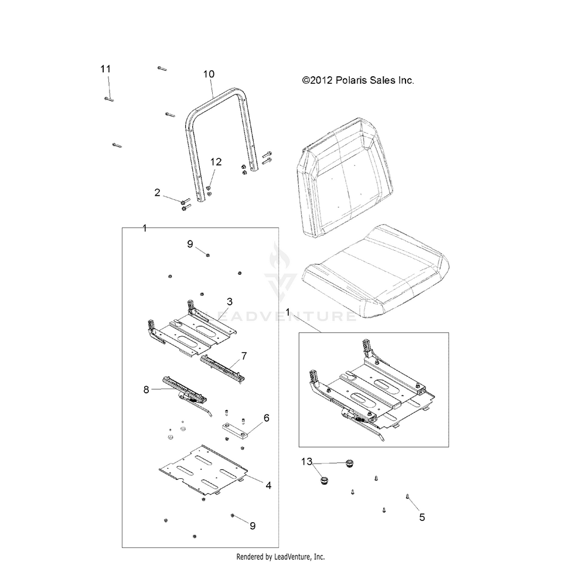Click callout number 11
[x=105, y=69]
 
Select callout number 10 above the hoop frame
[x=209, y=74]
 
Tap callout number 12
[x=216, y=162]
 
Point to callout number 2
[x=158, y=192]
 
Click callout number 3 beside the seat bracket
[x=230, y=301]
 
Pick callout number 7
[x=243, y=355]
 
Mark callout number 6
[x=266, y=418]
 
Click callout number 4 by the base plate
[x=268, y=485]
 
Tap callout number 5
[x=421, y=517]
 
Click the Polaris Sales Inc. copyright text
[x=357, y=80]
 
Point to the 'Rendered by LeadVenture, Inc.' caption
[x=280, y=556]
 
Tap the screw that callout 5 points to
[x=407, y=497]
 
